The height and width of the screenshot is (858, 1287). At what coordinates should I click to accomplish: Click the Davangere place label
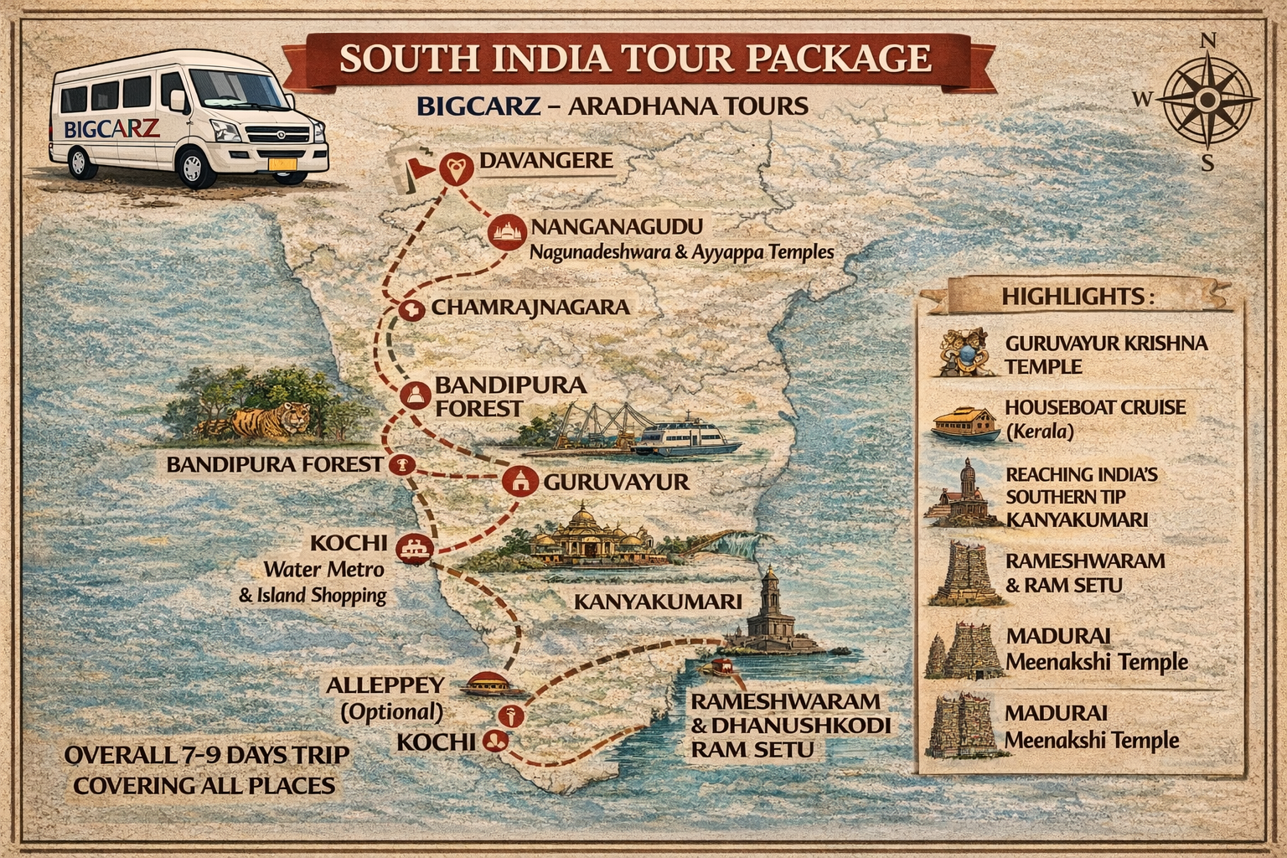point(545,160)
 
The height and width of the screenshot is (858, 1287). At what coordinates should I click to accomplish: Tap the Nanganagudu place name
point(617,227)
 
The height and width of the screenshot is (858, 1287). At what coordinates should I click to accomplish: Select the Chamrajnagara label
point(530,308)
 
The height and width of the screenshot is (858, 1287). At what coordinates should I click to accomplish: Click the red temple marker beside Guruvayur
point(519,481)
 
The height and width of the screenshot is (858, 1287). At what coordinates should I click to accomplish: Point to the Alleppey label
point(385,685)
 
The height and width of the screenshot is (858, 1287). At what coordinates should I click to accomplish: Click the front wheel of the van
point(200,168)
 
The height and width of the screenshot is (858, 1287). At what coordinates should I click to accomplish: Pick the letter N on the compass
point(1207,41)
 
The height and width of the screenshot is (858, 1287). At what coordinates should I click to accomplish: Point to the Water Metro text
point(323,570)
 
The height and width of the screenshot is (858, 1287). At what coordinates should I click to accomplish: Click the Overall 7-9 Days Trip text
point(207,755)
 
